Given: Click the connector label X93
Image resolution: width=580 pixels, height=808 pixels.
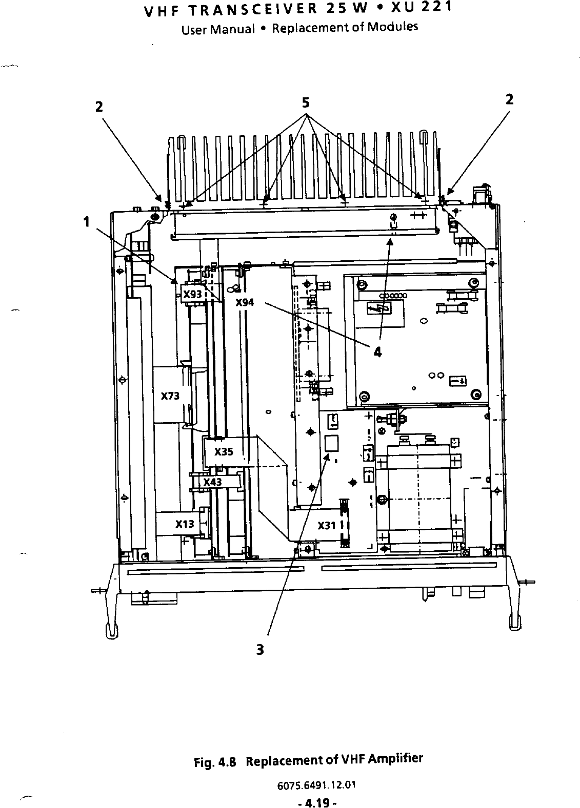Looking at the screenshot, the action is point(192,295).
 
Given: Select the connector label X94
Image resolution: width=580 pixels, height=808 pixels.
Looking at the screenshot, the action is point(245,302).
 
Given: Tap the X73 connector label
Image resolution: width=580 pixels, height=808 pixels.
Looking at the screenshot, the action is point(170,396).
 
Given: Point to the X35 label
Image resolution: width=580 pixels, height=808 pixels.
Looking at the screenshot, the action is point(224,452).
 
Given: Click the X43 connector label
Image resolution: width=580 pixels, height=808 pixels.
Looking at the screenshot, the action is point(212,482).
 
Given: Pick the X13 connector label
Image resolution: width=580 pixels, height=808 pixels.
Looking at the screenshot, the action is point(185,524).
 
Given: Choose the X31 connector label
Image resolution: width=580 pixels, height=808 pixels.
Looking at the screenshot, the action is point(327,526).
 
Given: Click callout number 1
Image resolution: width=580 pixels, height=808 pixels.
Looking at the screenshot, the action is point(87,222).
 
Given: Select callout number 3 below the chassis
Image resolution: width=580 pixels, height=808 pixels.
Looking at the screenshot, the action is point(260,650).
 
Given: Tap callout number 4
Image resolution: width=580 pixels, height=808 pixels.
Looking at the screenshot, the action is point(377,352).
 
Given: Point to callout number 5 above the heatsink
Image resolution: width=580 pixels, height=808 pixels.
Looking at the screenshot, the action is point(306,103).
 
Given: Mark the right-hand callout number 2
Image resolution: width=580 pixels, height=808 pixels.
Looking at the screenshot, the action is point(509,99).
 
